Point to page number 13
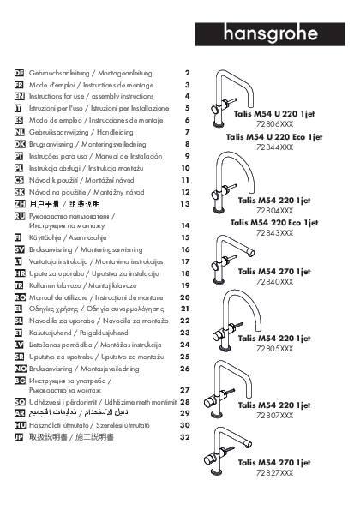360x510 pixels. tap(184, 205)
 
